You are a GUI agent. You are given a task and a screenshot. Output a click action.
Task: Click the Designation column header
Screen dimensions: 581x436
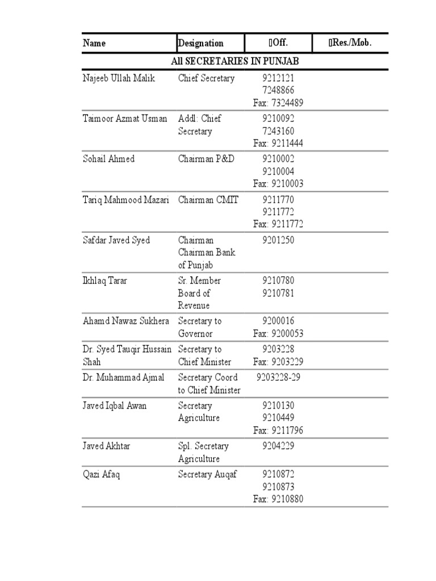[201, 43]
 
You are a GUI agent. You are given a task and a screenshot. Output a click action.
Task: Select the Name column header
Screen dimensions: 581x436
[94, 43]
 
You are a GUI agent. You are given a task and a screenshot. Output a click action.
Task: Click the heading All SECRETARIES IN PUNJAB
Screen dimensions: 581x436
[234, 61]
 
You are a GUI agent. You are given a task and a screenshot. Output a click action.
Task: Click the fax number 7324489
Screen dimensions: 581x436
[278, 103]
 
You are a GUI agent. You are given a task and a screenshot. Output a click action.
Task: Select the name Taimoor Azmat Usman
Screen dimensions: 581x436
[125, 119]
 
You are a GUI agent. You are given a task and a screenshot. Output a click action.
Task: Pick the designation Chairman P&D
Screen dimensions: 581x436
[206, 159]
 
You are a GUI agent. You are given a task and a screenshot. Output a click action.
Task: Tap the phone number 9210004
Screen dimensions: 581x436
[278, 171]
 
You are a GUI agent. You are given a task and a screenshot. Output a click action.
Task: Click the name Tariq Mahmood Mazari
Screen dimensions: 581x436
[126, 200]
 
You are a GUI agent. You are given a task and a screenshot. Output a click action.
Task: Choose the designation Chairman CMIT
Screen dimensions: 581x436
[208, 200]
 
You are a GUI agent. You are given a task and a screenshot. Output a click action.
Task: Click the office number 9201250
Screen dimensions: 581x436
[278, 240]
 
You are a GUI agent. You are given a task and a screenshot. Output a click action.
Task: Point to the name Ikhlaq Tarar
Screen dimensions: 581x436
[104, 280]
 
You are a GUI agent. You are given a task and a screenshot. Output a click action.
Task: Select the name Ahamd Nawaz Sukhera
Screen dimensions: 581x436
[126, 321]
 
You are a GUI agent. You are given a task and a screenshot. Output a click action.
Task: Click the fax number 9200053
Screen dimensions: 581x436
[278, 333]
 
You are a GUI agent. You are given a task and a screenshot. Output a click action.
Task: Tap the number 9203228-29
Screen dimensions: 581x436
[278, 377]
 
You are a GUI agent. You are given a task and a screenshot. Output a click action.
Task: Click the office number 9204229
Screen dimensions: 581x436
[278, 446]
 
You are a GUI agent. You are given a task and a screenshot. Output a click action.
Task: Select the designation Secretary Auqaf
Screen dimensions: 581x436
[207, 474]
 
